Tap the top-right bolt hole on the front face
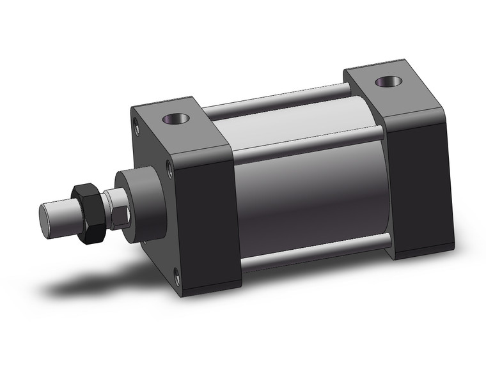[169, 167]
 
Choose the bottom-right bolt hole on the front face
[177, 276]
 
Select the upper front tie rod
[307, 144]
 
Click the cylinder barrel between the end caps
[307, 192]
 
